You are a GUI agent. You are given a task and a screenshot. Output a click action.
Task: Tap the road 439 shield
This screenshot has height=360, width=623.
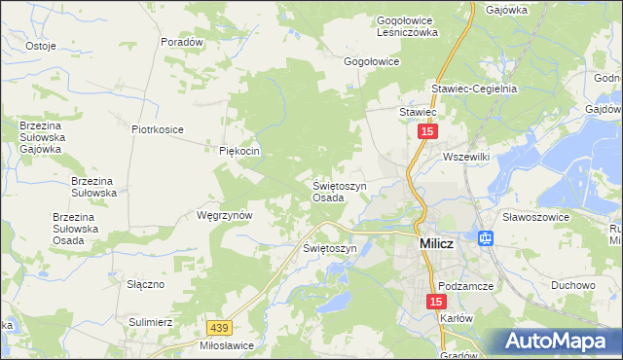click(219, 330)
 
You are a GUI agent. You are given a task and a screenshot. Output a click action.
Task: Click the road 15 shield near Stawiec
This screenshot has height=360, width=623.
click(426, 129)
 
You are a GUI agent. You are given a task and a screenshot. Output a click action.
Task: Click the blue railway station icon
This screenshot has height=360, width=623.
click(485, 237)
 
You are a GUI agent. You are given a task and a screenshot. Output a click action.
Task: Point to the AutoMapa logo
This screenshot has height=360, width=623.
click(558, 341)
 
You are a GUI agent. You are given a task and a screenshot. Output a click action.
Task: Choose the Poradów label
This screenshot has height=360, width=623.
click(183, 42)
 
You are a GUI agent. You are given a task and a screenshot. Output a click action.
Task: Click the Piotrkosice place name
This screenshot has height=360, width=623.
click(158, 127)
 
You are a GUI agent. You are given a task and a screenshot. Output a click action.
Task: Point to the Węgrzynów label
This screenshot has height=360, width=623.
click(225, 215)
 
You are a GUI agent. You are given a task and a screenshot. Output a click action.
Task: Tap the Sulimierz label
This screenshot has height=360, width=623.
click(150, 320)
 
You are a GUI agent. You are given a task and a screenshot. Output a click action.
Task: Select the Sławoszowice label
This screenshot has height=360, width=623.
click(535, 217)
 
